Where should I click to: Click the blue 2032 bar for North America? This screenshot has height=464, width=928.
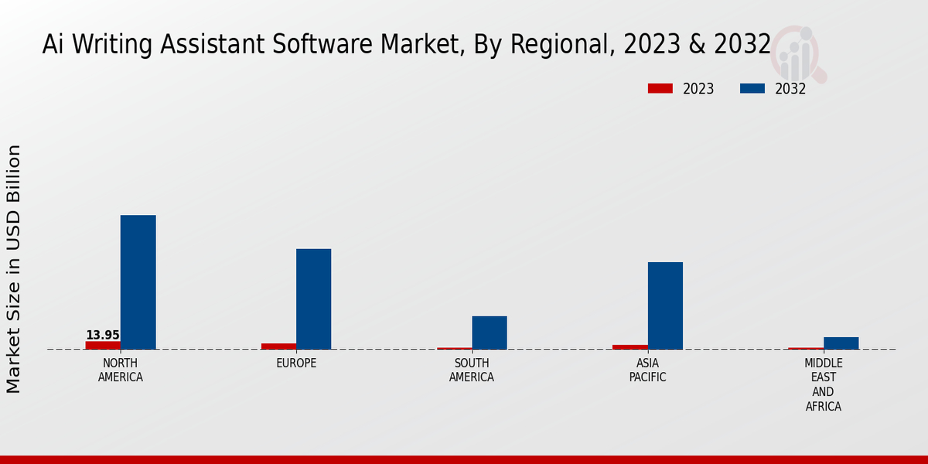coord(138,282)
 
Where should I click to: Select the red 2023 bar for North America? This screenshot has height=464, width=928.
coord(103,345)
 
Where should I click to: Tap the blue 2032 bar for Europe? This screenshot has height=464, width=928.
coord(313,299)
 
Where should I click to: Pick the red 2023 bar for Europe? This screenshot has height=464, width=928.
coord(278,346)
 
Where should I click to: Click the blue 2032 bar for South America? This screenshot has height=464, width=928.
coord(490,333)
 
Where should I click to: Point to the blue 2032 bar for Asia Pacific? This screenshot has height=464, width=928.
coord(665,305)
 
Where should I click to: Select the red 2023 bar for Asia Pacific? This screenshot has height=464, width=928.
coord(629,346)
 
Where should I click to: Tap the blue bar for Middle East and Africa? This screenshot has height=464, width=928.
coord(841,343)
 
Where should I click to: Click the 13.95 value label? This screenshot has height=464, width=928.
coord(103,335)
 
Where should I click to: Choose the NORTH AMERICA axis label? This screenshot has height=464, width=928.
coord(121,370)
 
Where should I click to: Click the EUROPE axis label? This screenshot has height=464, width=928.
coord(296,363)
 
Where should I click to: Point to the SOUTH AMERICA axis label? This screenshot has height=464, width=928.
coord(472,370)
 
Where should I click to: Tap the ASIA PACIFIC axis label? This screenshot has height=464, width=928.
coord(647,370)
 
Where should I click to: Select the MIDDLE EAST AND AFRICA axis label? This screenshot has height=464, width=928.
coord(824,384)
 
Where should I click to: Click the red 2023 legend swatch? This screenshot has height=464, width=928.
coord(660,89)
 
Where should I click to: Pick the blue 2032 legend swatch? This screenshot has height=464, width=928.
coord(752,89)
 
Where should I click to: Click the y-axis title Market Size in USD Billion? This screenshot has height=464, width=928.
coord(14,268)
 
